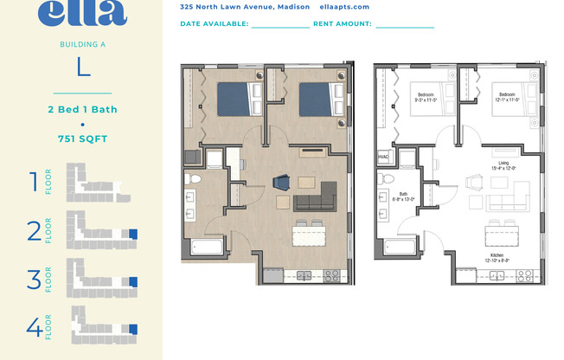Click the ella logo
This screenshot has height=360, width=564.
(x=82, y=12)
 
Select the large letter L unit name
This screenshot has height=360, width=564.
(x=83, y=68)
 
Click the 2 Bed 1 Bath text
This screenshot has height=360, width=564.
(x=83, y=109)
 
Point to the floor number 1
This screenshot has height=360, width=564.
(x=35, y=182)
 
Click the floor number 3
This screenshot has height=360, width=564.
(x=35, y=280)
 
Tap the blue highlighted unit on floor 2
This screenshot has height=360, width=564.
(x=133, y=233)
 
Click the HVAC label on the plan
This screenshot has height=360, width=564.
(x=383, y=157)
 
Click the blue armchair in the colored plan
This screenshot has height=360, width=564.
(x=282, y=182)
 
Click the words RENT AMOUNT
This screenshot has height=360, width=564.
(x=343, y=24)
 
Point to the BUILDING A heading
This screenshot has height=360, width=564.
(x=83, y=43)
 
